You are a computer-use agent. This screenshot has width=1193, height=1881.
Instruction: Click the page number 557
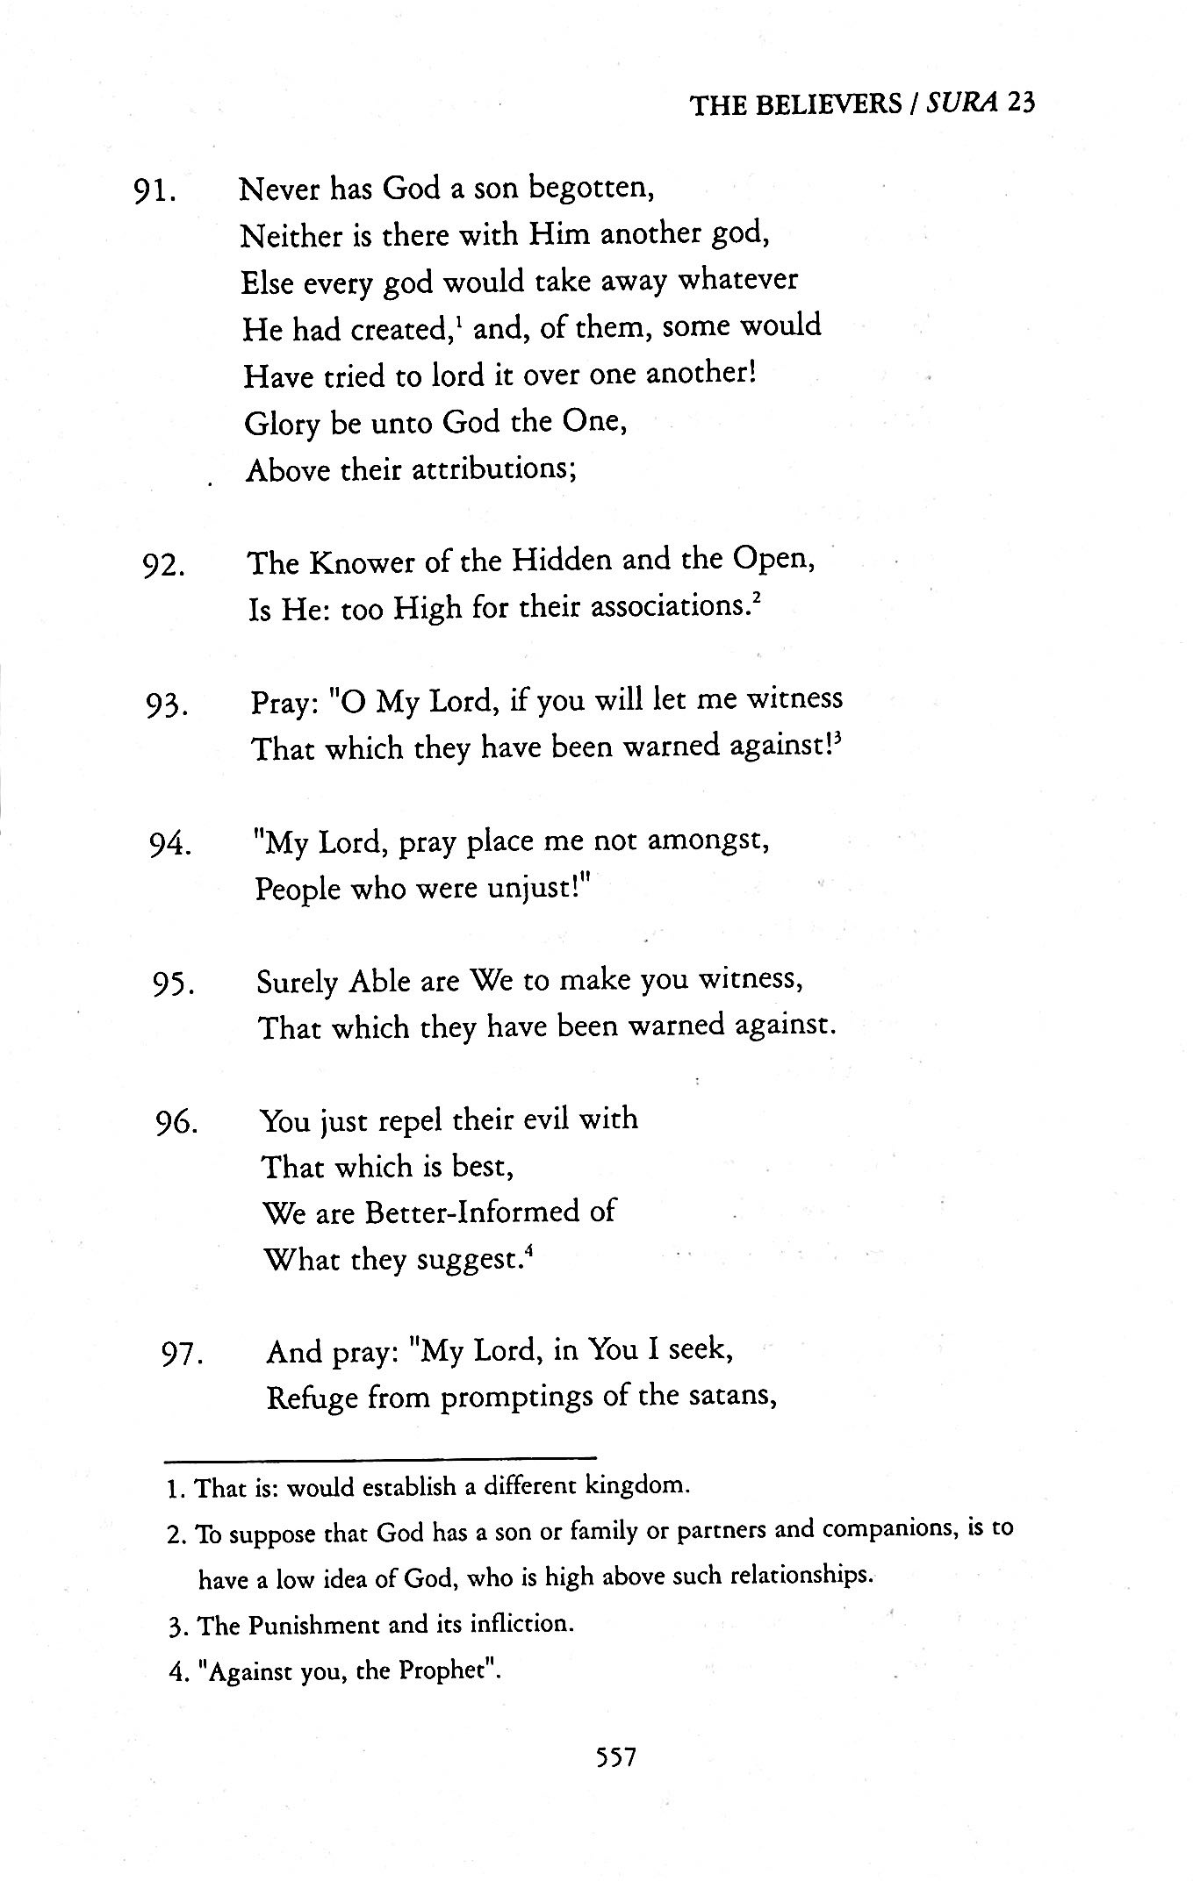[614, 1756]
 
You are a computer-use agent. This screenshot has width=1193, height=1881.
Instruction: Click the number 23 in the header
[1021, 104]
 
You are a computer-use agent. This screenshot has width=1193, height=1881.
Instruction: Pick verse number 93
[167, 705]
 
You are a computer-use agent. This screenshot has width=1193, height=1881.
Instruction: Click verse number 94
[170, 846]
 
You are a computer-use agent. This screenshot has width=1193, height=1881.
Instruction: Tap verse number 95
[173, 985]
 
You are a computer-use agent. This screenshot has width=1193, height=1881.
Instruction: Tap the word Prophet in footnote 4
[446, 1670]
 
